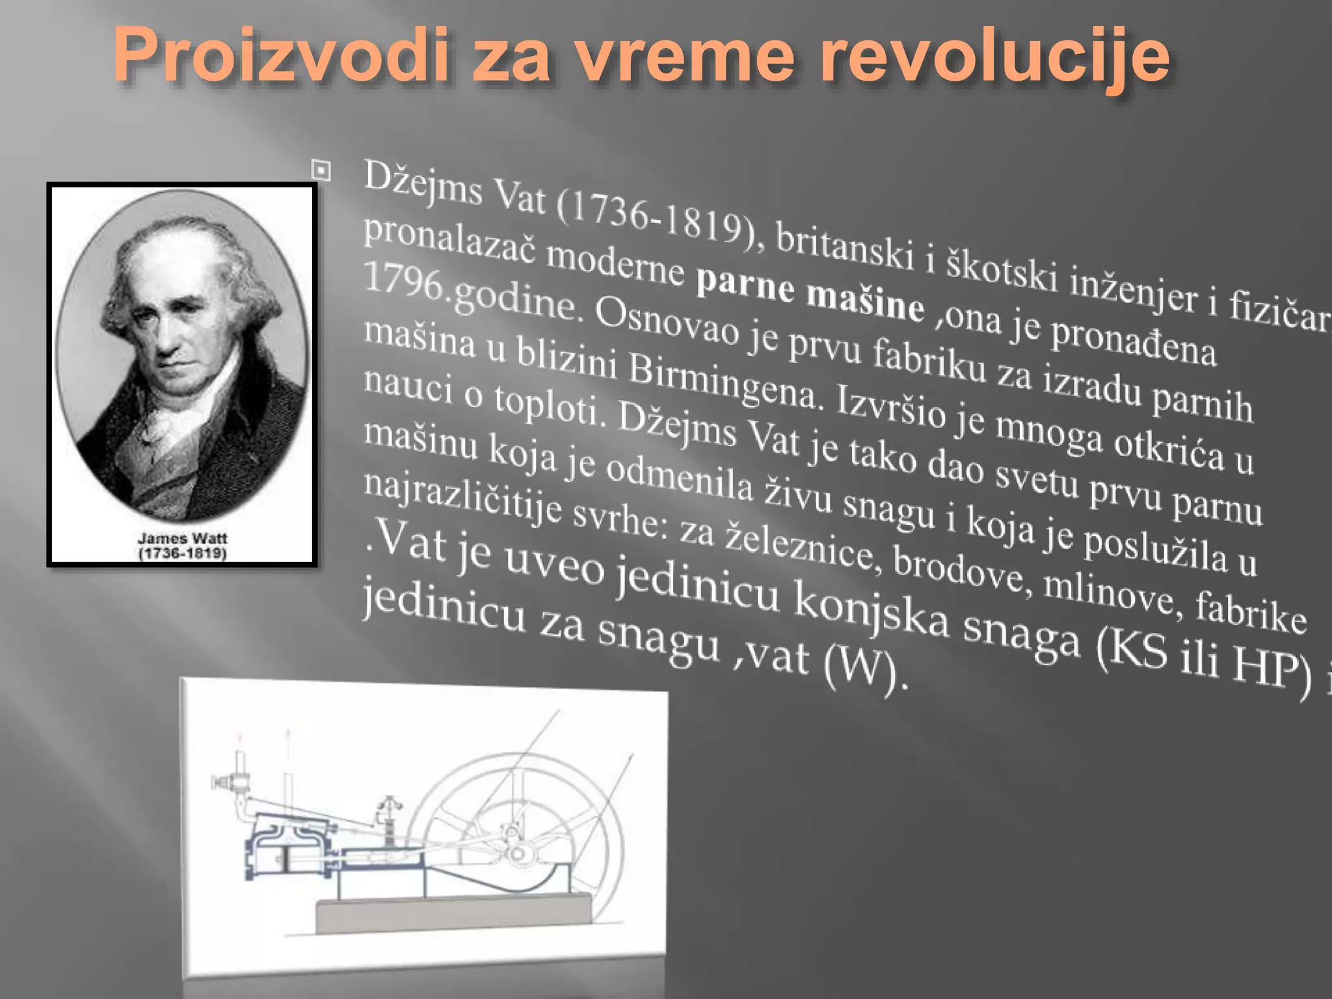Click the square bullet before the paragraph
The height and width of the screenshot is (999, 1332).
(x=321, y=170)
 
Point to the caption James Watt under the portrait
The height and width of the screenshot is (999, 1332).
(x=182, y=538)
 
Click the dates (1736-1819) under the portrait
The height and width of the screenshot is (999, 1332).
(x=182, y=553)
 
